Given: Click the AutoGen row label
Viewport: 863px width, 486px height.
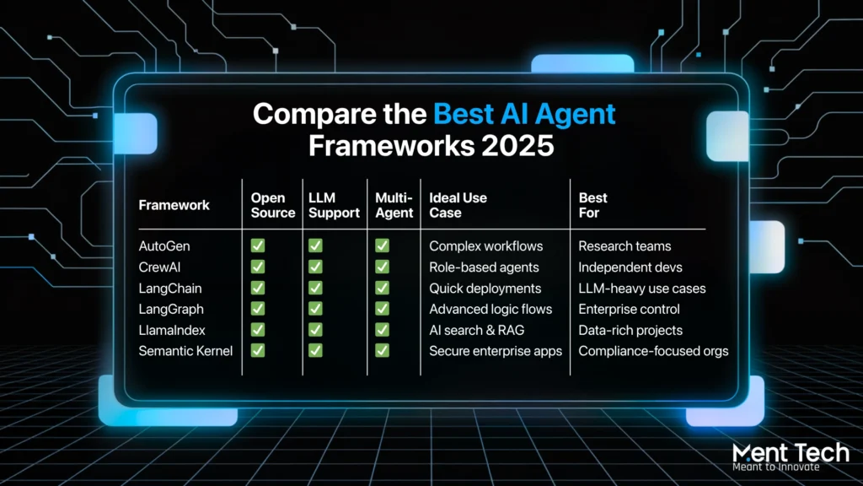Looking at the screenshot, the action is coord(164,246).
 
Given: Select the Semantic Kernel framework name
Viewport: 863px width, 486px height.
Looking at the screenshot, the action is coord(185,351).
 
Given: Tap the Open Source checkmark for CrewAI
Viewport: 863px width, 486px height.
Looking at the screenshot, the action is coord(258,267).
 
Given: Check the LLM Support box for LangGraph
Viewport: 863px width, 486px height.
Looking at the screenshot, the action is coord(315,309).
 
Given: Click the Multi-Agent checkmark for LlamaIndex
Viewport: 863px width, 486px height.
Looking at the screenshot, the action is coord(382,330).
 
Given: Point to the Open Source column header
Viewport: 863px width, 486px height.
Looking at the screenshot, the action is coord(273,205).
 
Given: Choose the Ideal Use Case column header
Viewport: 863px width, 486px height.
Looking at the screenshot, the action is coord(458,205).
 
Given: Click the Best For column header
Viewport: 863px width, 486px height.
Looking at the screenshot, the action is coord(592,205).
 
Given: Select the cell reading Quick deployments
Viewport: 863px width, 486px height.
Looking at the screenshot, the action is coord(485,289).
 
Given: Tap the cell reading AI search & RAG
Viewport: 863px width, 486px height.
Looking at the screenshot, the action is coord(477,330).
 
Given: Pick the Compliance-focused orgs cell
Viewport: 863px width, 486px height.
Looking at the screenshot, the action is coord(653,351).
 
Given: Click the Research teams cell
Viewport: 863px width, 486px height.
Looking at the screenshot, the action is coord(624,246).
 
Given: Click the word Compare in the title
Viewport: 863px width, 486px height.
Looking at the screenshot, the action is coord(307,115).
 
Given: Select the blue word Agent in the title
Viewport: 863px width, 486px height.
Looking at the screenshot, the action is coord(575,115).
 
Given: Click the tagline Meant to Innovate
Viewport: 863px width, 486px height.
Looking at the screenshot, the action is coord(776,467).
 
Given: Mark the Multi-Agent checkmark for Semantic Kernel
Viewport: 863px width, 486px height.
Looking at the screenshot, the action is coord(382,350).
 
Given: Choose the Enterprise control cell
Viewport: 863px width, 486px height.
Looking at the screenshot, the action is coord(629,309).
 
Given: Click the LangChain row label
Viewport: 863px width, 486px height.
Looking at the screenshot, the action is coord(170,289).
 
